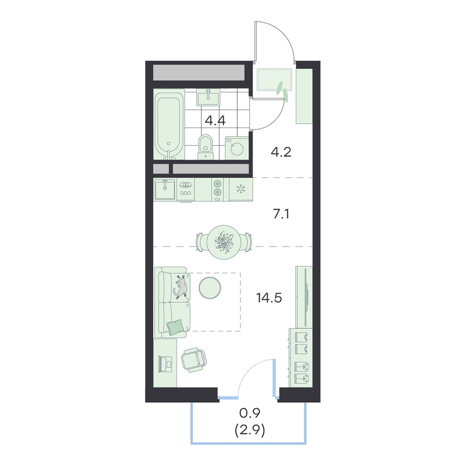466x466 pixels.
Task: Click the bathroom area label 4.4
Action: (x=215, y=121)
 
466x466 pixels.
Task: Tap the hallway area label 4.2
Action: (x=281, y=152)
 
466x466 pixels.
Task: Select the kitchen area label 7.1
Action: (x=281, y=214)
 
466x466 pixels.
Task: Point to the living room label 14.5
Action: (x=269, y=297)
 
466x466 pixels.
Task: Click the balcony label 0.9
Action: (x=250, y=412)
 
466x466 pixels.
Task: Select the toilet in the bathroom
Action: (x=206, y=147)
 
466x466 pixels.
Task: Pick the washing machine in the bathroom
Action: (x=237, y=148)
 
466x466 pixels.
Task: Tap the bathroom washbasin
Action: (x=208, y=97)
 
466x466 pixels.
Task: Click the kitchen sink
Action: (x=165, y=189)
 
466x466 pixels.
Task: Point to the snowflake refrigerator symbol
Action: (x=240, y=189)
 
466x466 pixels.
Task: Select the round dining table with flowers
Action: (x=224, y=242)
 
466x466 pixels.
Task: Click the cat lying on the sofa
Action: (x=181, y=286)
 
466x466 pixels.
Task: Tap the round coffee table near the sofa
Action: (x=210, y=288)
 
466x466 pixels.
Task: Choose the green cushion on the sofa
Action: (x=175, y=328)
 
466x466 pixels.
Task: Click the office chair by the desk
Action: (x=194, y=360)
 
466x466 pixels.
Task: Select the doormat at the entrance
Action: (x=274, y=79)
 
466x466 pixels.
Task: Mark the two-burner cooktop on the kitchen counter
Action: (x=218, y=189)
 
